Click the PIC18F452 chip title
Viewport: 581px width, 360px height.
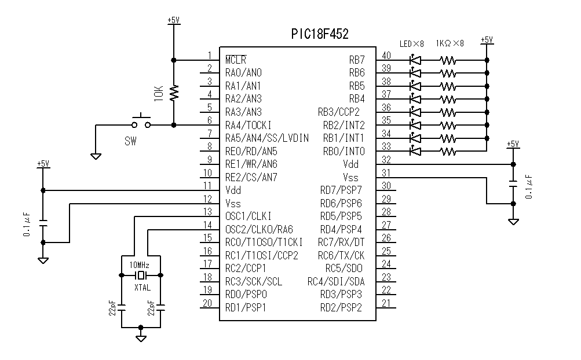320,35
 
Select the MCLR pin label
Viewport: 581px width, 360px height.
235,60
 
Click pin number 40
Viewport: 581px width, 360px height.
386,56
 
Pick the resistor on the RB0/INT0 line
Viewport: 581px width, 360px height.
448,152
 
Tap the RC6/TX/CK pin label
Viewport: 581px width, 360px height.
341,255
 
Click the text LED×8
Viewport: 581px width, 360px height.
412,43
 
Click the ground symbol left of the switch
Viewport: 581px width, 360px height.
96,155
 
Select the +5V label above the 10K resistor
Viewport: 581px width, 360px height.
174,20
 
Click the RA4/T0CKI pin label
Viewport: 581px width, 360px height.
248,125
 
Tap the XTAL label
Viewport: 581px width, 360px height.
142,287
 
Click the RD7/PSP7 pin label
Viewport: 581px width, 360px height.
341,190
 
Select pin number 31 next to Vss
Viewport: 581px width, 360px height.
386,173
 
